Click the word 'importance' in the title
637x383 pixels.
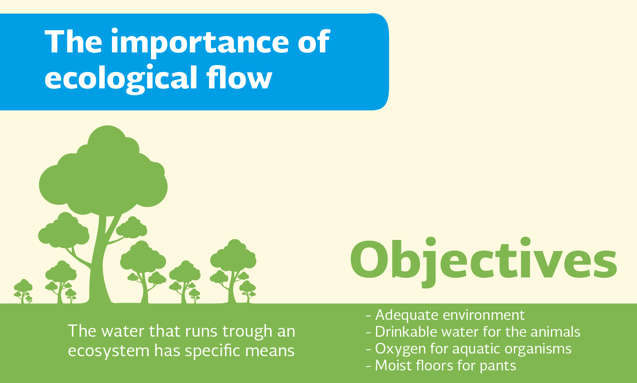pos(199,43)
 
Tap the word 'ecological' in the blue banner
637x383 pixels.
pos(121,79)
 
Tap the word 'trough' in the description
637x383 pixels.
pos(247,332)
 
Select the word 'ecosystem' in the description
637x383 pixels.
pos(109,351)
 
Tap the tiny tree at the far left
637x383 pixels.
pos(23,291)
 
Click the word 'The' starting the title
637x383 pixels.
pos(73,41)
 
